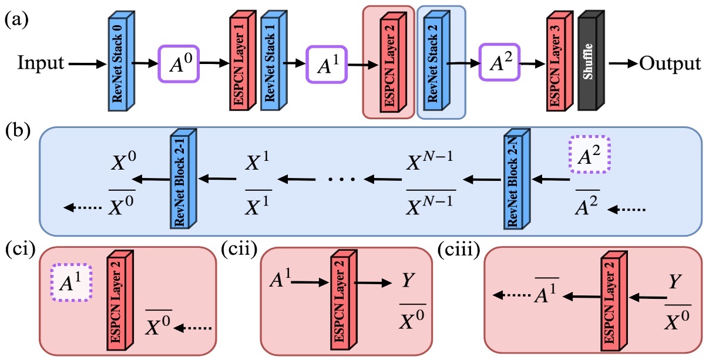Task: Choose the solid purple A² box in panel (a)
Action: [499, 63]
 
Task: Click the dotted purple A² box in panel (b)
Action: [589, 157]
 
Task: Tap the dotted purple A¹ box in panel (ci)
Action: [70, 282]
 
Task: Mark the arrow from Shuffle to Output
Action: [623, 63]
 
